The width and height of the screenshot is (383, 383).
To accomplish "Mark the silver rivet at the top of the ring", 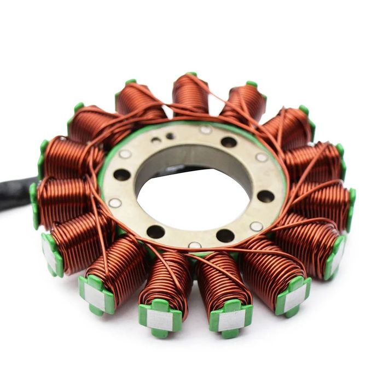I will pos(206,130).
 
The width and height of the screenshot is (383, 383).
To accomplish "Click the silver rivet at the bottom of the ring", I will pos(195,245).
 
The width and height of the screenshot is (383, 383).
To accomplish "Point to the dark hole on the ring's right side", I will pos(266,196).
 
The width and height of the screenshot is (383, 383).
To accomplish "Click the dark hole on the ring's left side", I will pos(121,175).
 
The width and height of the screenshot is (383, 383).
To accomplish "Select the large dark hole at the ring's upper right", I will pos(229,142).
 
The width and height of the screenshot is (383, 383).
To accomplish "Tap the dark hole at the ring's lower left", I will pos(156,232).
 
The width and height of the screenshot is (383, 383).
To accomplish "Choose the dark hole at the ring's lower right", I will pos(225,236).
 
